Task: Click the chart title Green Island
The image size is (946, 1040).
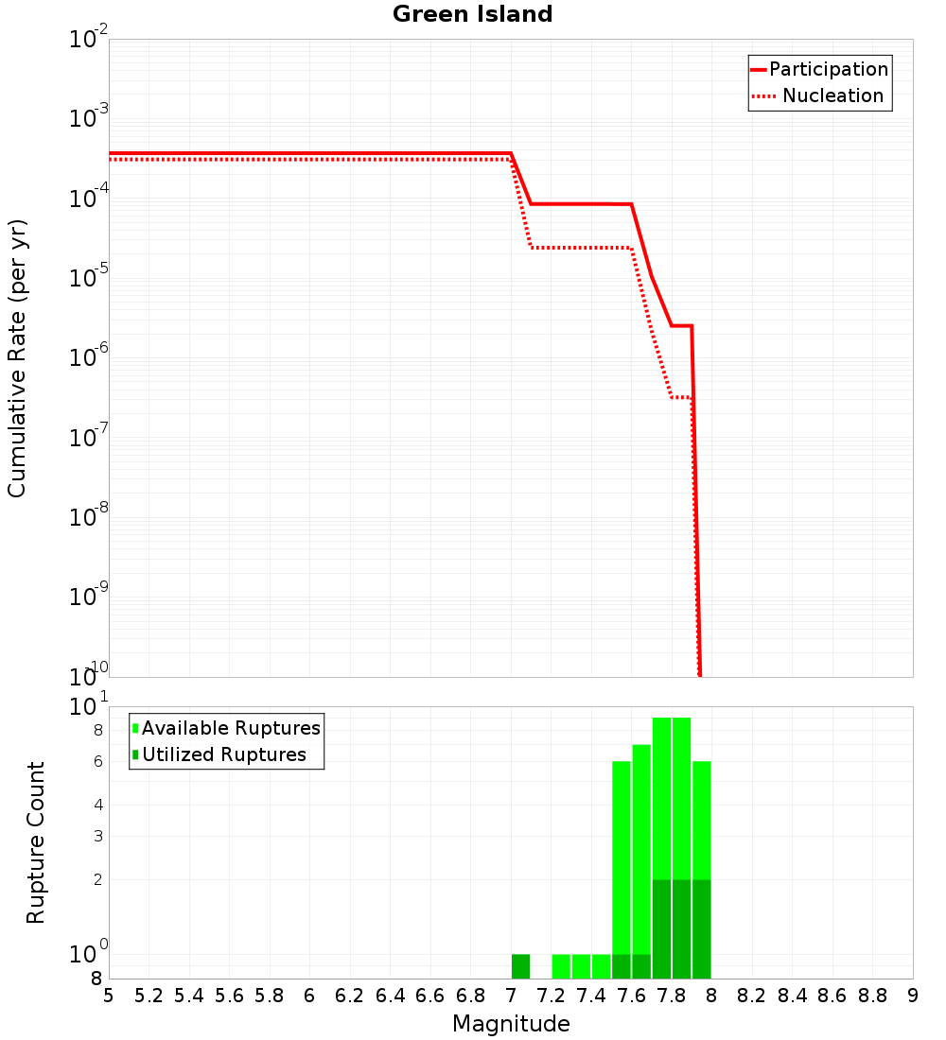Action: pos(472,14)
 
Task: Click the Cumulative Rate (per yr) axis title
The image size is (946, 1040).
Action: pos(17,358)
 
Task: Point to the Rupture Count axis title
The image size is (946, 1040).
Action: pos(36,842)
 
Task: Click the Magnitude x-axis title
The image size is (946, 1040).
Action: pos(511,1024)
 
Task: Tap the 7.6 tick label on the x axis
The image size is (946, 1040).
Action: pos(631,996)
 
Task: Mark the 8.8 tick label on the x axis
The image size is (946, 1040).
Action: pos(872,996)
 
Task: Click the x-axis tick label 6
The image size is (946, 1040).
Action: pos(309,996)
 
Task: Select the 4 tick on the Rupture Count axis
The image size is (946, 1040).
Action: pos(96,805)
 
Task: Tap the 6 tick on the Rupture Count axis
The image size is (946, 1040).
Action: pos(96,761)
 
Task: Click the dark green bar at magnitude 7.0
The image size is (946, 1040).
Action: pos(520,966)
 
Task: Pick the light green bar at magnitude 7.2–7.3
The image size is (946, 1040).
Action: pos(561,966)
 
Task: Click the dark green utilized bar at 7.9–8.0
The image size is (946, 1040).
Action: pos(701,928)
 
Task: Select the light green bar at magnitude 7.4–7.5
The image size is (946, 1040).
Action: pos(601,966)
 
